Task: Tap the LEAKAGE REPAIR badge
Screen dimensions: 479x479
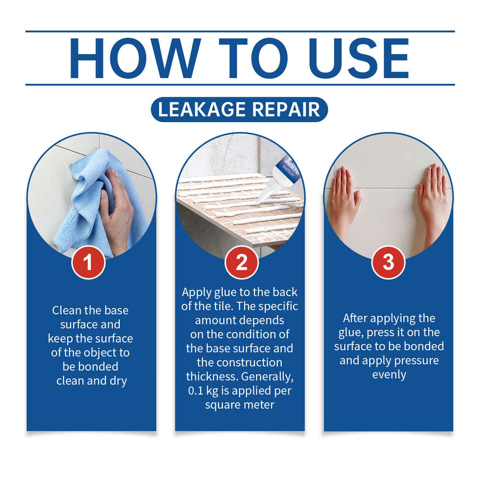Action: (239, 109)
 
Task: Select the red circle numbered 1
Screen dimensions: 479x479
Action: (89, 262)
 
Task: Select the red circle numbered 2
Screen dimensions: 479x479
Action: (241, 262)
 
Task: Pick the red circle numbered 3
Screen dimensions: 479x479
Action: (388, 262)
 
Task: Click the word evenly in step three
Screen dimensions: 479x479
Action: (388, 374)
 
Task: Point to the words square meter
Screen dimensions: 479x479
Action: (239, 405)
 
